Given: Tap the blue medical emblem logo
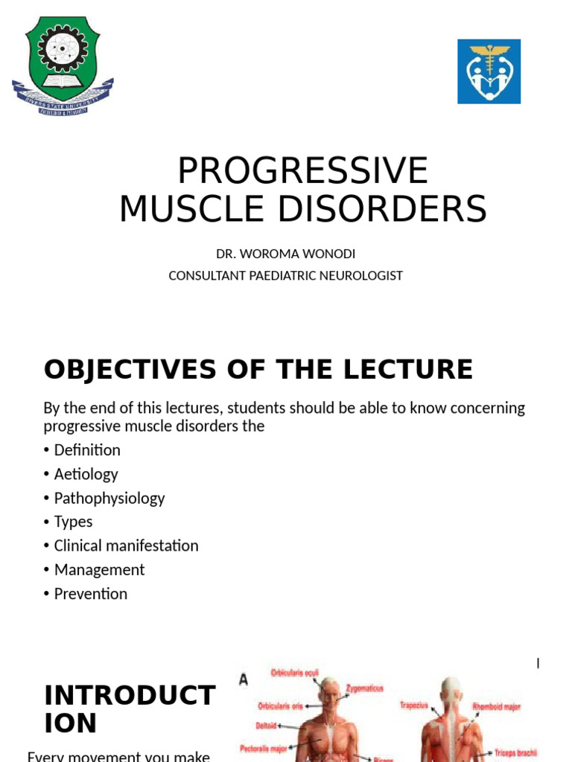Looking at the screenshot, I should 489,71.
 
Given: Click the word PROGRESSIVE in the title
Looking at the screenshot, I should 302,171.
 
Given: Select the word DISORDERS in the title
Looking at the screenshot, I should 392,208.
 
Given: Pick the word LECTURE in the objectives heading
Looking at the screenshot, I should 416,369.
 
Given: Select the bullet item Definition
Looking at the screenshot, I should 86,450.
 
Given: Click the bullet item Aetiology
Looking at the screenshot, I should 86,474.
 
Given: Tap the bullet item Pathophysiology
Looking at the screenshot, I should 109,498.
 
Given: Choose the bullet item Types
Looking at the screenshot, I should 73,522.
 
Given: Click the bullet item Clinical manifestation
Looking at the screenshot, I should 126,545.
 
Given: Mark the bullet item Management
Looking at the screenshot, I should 99,569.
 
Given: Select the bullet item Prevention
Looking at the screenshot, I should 90,594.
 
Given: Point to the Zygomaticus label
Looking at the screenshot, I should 365,688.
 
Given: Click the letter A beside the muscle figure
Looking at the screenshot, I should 244,678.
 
